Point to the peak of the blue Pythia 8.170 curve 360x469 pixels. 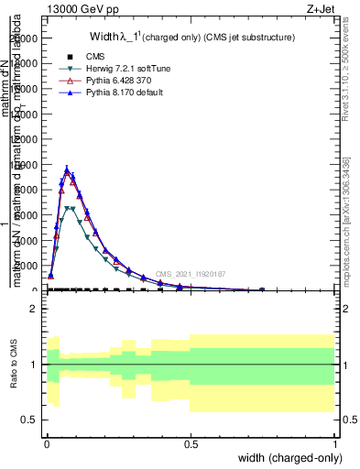(x=68, y=169)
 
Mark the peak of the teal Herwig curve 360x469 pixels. (x=70, y=208)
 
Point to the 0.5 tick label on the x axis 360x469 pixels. (x=191, y=442)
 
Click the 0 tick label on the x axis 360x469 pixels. (x=47, y=442)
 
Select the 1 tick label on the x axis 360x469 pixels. (x=335, y=442)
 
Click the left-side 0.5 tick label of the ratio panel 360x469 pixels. (x=29, y=419)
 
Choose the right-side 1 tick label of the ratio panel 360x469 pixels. (x=344, y=365)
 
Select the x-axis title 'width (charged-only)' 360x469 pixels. (x=288, y=458)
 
